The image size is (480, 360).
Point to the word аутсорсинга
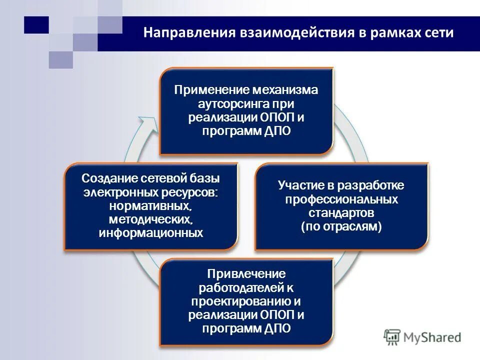[227, 104]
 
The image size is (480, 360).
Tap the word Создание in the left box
[107, 178]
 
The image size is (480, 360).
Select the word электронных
[119, 192]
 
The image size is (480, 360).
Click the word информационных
[151, 232]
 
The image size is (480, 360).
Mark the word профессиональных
[341, 199]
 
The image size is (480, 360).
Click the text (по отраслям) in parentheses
[341, 226]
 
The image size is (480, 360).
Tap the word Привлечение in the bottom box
[246, 274]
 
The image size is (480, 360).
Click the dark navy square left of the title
[36, 24]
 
